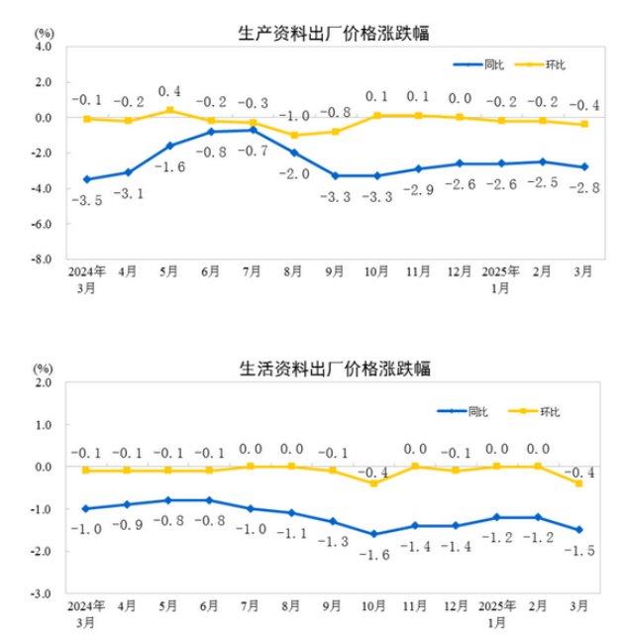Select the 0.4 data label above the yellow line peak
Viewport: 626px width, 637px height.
tap(170, 91)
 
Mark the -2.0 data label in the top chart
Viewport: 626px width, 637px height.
tap(294, 173)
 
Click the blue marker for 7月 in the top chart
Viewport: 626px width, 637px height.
tap(253, 130)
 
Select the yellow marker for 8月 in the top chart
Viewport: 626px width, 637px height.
tap(294, 135)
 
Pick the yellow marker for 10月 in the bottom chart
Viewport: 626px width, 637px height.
tap(374, 483)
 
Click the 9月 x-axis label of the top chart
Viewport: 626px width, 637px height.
tap(336, 270)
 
